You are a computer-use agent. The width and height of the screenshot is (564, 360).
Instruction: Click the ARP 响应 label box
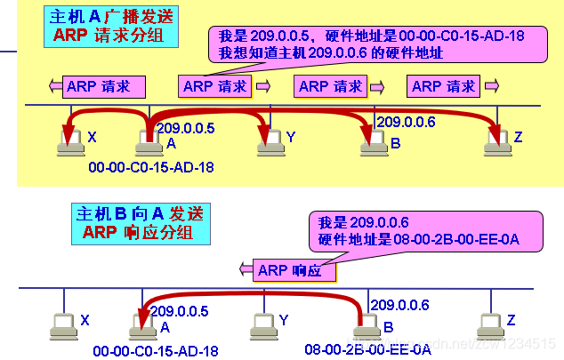point(289,270)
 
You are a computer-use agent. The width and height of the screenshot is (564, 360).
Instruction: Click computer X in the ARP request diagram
point(68,138)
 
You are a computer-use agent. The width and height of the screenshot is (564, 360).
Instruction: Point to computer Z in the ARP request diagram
point(495,138)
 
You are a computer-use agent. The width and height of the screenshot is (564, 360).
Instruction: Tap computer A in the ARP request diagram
point(146,139)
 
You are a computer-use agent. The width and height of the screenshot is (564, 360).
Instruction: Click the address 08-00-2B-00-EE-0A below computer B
point(356,349)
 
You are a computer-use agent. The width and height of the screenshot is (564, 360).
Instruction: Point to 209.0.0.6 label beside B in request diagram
point(406,122)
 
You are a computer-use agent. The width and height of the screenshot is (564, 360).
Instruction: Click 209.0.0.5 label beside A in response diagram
point(180,311)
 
